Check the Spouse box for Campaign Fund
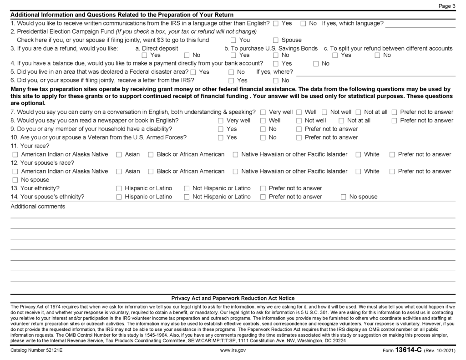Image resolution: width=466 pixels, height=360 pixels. (x=276, y=40)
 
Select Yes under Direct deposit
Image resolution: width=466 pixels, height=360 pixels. (x=144, y=56)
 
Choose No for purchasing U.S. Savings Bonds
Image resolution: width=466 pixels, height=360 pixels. (x=276, y=56)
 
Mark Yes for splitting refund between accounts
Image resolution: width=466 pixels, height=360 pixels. (x=335, y=56)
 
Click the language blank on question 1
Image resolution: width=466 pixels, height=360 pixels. (x=420, y=23)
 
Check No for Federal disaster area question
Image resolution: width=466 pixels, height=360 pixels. (x=231, y=72)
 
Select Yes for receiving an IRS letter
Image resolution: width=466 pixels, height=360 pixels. (x=231, y=81)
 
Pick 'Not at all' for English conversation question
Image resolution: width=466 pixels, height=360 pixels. (x=359, y=112)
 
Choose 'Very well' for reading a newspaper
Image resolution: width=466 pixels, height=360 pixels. (x=221, y=121)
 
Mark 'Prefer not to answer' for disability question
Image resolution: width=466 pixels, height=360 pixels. (x=299, y=129)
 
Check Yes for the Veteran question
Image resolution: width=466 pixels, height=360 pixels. (x=221, y=137)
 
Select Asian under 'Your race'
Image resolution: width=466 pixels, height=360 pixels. (x=119, y=155)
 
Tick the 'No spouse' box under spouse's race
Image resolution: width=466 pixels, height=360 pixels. (x=15, y=180)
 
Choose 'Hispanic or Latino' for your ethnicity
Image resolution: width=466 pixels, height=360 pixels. (x=119, y=188)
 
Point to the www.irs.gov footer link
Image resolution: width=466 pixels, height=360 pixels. (x=233, y=350)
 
